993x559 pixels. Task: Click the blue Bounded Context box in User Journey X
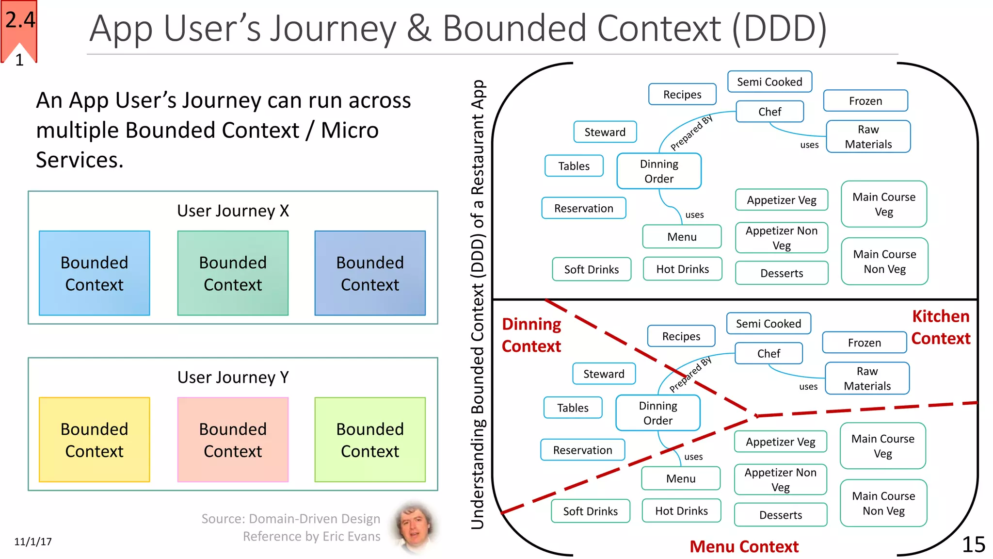click(94, 273)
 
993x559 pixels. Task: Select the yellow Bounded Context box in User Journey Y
click(94, 440)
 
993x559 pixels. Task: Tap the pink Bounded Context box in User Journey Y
click(233, 440)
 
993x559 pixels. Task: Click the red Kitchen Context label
click(940, 327)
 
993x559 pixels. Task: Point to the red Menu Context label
click(744, 546)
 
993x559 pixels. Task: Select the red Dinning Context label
click(531, 335)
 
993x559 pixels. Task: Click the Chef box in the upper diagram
click(769, 112)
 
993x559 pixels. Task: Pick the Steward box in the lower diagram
click(604, 374)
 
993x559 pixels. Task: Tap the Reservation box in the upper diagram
click(583, 208)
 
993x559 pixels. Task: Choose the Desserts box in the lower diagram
click(780, 515)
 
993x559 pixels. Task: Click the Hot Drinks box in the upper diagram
click(682, 269)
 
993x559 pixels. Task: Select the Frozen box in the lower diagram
click(864, 343)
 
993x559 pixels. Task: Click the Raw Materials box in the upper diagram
click(868, 137)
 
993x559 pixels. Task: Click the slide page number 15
click(973, 544)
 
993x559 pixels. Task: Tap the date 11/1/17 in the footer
click(33, 542)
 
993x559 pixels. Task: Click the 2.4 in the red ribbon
click(20, 20)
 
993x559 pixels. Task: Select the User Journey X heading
click(233, 211)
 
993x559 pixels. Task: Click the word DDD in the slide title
click(779, 29)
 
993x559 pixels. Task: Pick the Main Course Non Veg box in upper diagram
click(884, 262)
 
